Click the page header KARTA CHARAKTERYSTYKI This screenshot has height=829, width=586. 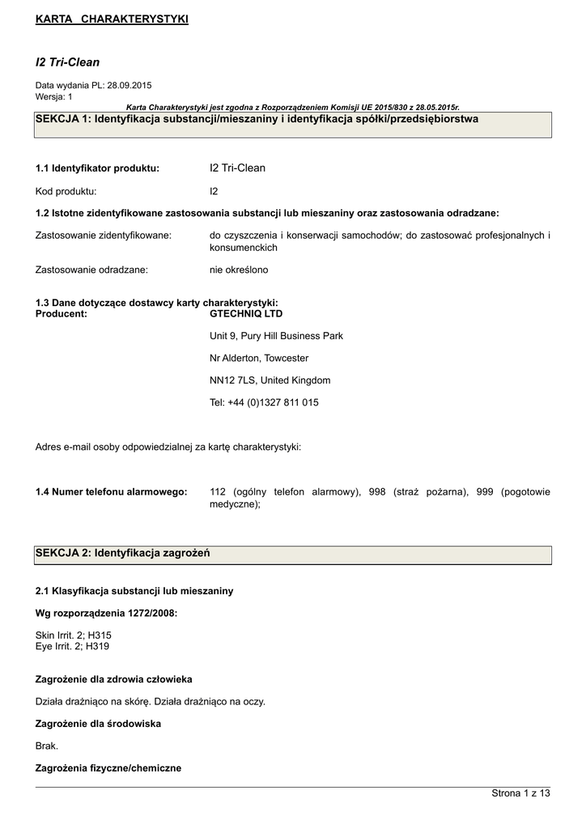pyautogui.click(x=112, y=19)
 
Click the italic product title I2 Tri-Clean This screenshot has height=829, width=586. pyautogui.click(x=67, y=62)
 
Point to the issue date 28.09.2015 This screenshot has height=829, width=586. pyautogui.click(x=130, y=85)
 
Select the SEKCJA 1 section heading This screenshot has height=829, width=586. pyautogui.click(x=257, y=119)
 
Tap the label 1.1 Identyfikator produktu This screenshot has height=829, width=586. pyautogui.click(x=97, y=168)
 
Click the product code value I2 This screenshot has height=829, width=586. pyautogui.click(x=214, y=192)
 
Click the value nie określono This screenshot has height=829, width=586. pyautogui.click(x=239, y=270)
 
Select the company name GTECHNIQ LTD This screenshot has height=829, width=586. pyautogui.click(x=246, y=313)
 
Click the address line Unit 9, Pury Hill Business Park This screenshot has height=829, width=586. pyautogui.click(x=276, y=336)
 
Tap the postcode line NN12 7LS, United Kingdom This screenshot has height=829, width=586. pyautogui.click(x=270, y=380)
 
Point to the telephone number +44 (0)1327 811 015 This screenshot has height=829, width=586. pyautogui.click(x=273, y=402)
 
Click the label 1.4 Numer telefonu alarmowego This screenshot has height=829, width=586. pyautogui.click(x=112, y=491)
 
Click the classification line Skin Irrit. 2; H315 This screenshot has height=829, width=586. pyautogui.click(x=74, y=636)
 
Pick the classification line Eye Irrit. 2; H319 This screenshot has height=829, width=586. pyautogui.click(x=73, y=647)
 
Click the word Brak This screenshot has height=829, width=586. pyautogui.click(x=47, y=746)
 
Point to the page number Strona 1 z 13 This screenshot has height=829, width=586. pyautogui.click(x=520, y=793)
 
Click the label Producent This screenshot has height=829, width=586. pyautogui.click(x=62, y=313)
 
